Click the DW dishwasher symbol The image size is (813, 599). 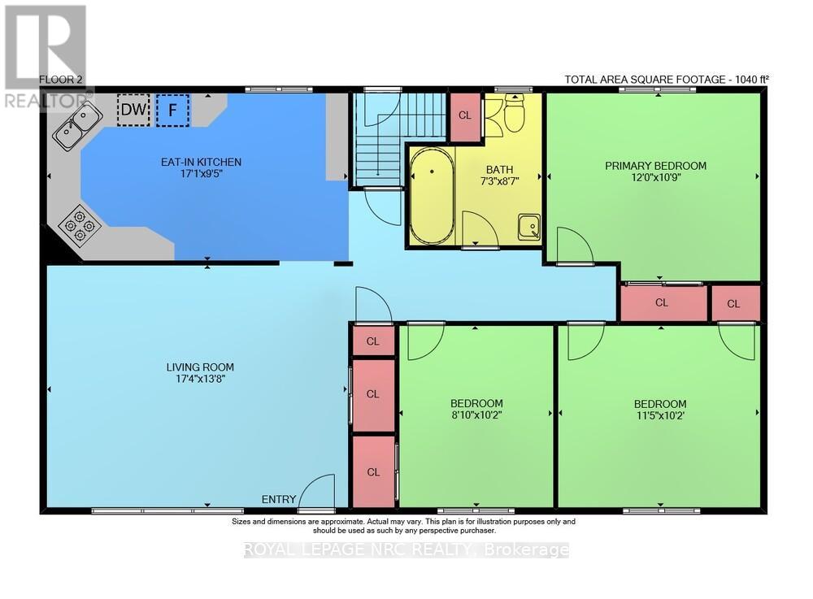tap(134, 110)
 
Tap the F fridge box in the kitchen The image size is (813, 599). tap(172, 110)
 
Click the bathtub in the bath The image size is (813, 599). tap(432, 196)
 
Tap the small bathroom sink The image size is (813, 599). tap(529, 228)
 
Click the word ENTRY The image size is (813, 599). tap(278, 500)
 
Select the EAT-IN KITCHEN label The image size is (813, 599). tap(201, 163)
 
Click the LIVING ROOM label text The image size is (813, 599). tap(200, 367)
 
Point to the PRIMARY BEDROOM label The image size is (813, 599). tap(656, 166)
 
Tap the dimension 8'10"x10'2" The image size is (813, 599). tap(476, 415)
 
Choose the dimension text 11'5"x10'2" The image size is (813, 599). tap(660, 415)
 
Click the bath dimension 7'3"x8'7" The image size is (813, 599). tap(500, 181)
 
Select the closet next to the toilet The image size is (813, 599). tap(465, 116)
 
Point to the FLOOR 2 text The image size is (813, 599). tap(57, 80)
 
